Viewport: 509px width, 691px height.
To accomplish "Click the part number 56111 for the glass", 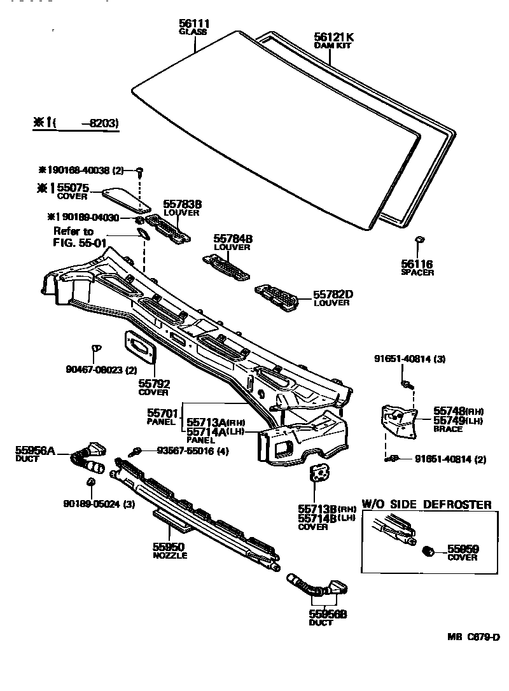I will point(195,24).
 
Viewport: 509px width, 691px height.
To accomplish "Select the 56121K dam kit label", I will point(333,37).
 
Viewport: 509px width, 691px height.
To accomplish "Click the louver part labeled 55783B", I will point(168,227).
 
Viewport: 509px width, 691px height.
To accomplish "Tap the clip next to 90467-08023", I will point(97,347).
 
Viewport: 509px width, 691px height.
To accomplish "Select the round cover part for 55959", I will point(429,550).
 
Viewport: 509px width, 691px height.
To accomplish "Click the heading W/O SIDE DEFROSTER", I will point(426,505).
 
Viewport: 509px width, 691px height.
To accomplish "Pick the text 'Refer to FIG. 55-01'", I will point(73,237).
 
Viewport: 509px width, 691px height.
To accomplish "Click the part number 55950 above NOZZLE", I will point(168,547).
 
